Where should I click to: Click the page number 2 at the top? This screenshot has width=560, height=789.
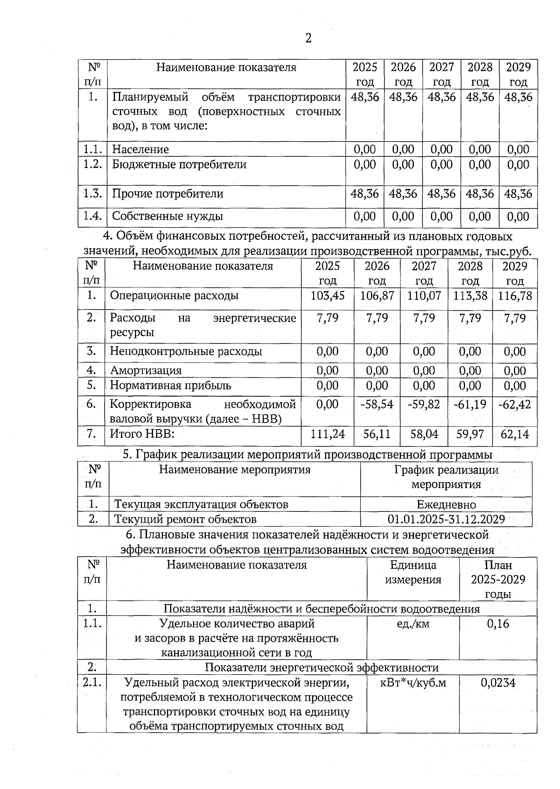tap(308, 38)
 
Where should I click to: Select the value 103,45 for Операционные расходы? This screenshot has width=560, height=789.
tap(327, 295)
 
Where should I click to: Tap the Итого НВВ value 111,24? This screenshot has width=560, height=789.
tap(327, 434)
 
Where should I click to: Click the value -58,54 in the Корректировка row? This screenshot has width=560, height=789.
tap(377, 404)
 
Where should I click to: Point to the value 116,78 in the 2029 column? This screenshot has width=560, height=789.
tap(515, 295)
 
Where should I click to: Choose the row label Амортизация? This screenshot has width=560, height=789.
tap(146, 370)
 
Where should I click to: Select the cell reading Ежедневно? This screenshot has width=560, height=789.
tap(446, 504)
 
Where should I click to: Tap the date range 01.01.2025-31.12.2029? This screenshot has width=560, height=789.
tap(446, 519)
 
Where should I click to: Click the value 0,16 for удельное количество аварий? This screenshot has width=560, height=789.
tap(498, 624)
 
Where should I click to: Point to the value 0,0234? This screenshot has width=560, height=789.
tap(498, 683)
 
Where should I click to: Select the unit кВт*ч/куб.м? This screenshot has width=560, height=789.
tap(413, 683)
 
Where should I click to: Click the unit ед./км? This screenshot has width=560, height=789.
tap(413, 624)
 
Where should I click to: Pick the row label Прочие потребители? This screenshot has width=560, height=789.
tap(168, 194)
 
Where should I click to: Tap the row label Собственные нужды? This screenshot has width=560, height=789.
tap(168, 216)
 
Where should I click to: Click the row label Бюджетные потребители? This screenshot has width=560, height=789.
tap(179, 164)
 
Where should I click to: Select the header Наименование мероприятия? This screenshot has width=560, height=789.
tap(235, 469)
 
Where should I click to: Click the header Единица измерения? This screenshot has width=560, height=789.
tap(413, 572)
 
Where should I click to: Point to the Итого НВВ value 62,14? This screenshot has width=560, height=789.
tap(515, 434)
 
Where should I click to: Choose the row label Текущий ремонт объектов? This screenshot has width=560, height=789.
tap(185, 519)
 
